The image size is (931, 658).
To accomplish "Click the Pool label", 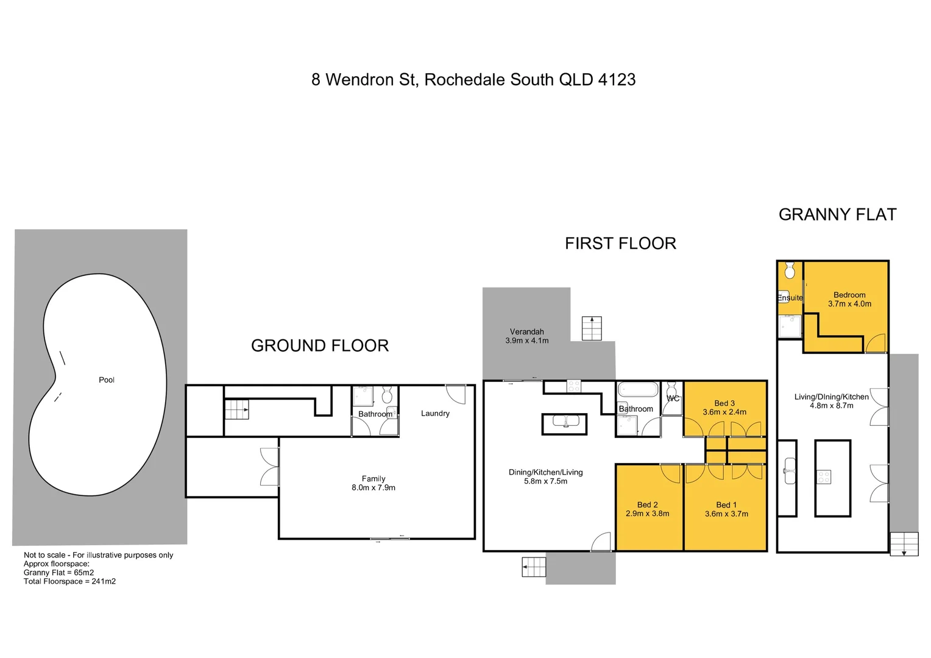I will tap(107, 380).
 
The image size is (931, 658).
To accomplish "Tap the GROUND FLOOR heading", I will tap(320, 345).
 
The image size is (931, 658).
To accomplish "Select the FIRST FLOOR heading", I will tap(620, 243).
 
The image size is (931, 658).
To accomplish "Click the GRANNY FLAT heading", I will tap(837, 214).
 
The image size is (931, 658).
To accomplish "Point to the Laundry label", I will tap(435, 413).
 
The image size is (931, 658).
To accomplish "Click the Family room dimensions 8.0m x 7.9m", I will tap(373, 487).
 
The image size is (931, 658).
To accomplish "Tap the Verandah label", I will tap(526, 331).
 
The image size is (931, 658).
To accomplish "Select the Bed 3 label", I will tap(724, 403).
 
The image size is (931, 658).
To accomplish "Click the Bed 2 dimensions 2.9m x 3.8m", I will tap(647, 514).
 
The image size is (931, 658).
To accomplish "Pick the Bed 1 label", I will tap(726, 504).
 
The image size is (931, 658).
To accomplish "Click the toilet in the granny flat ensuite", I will tap(790, 271).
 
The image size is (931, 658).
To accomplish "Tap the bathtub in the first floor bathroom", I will tap(637, 389).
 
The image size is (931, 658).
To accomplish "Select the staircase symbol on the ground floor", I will tap(237, 409).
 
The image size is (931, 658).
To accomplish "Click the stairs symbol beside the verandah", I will tap(592, 328).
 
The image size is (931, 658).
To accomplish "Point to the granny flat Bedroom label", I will tap(849, 294).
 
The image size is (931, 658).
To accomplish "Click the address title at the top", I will tap(473, 80).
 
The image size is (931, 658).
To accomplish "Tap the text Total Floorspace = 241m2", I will tap(69, 581).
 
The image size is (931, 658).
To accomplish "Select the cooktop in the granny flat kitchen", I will tap(824, 476).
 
